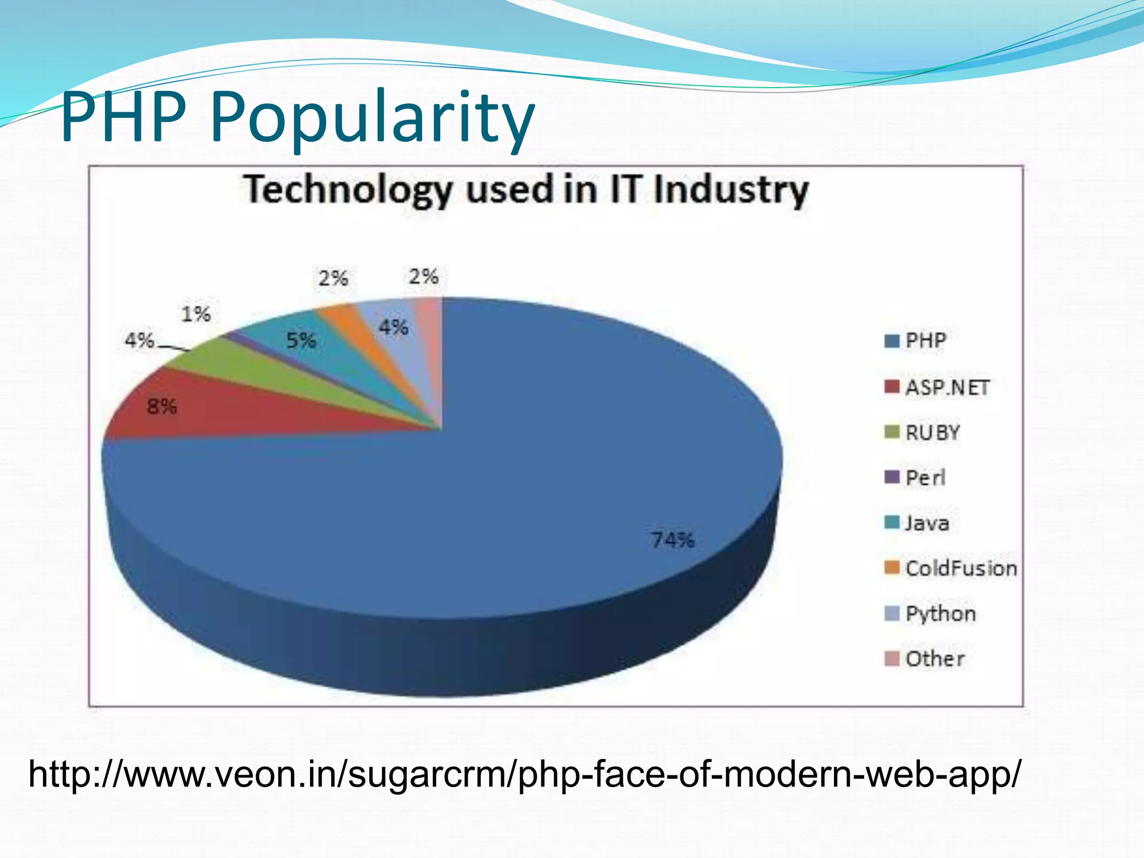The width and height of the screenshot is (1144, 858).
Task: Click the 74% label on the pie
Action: click(673, 540)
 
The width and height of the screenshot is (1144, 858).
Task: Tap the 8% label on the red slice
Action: click(162, 407)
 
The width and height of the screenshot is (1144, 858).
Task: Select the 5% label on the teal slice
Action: click(301, 340)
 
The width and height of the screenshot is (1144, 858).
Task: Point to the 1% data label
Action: click(196, 314)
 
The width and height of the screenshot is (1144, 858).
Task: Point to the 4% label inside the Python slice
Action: click(393, 327)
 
